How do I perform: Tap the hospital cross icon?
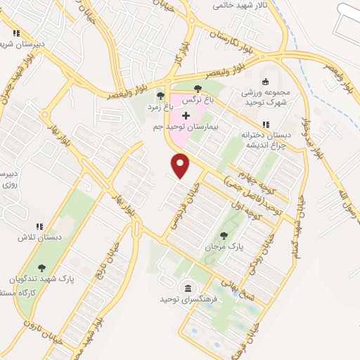pos(186,115)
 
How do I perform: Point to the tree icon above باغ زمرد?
pos(160,96)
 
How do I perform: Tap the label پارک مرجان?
pos(223,248)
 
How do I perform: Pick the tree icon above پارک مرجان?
pos(224,236)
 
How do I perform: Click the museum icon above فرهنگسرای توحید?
pos(188,288)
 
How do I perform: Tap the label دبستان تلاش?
pos(40,238)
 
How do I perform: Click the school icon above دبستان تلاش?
pos(40,226)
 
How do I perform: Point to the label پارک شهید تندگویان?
pos(42,278)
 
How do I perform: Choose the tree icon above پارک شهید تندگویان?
pos(41,267)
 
